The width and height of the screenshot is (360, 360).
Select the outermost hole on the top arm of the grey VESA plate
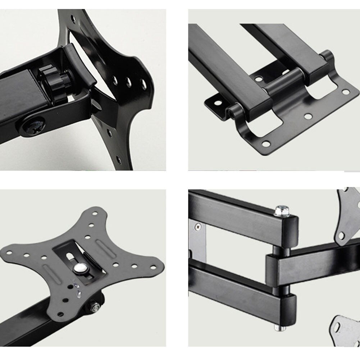point(95,213)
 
